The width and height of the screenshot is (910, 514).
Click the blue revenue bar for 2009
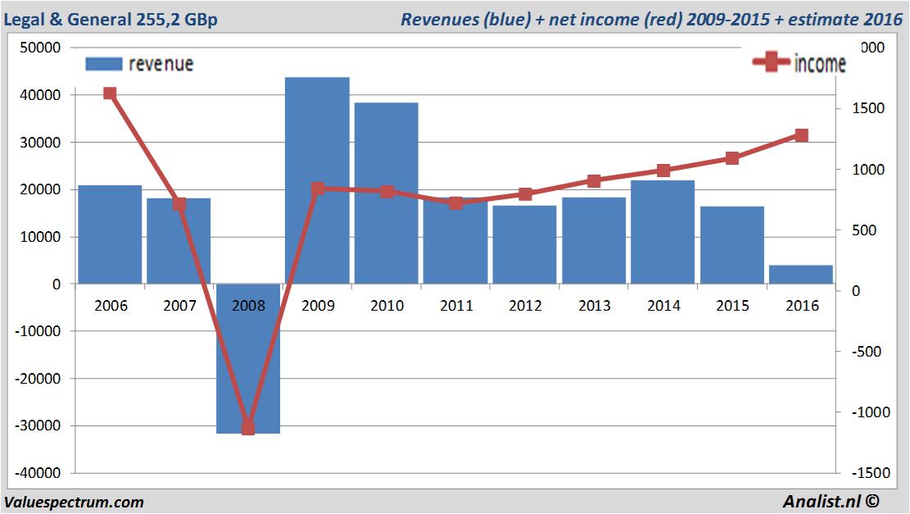[x=317, y=180]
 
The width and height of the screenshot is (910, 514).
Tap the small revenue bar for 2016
[x=801, y=275]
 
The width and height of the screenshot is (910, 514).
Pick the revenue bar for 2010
[x=387, y=193]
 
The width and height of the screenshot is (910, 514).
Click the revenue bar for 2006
[x=110, y=234]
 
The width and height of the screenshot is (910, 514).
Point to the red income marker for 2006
[x=110, y=93]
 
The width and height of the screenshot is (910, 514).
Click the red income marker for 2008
[x=248, y=428]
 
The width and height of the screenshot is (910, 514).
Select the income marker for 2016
[x=801, y=135]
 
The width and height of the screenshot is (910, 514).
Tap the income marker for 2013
[x=594, y=181]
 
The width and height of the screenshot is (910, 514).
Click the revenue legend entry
[x=139, y=64]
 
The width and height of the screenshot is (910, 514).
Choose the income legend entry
[x=799, y=63]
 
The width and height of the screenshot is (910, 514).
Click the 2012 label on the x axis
[x=525, y=306]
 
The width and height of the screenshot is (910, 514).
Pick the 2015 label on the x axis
[x=732, y=306]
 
